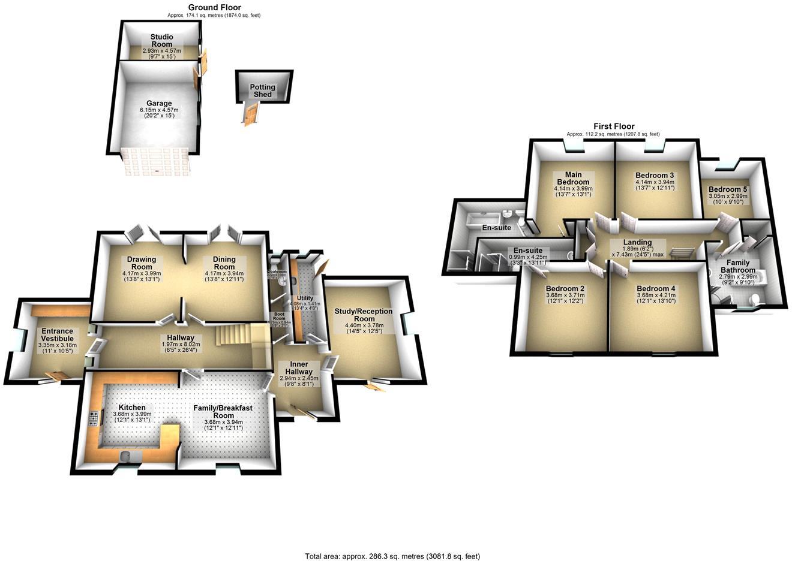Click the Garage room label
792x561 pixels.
159,104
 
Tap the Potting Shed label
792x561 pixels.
263,91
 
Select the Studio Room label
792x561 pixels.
161,41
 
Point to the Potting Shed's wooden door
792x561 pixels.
251,114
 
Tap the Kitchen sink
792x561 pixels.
130,457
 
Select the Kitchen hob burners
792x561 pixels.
94,418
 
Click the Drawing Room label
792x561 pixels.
142,263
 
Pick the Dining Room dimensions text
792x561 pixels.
224,277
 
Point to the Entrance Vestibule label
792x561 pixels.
57,334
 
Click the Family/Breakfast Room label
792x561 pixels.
223,412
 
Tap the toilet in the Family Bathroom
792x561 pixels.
757,298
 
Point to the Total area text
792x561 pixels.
392,556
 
